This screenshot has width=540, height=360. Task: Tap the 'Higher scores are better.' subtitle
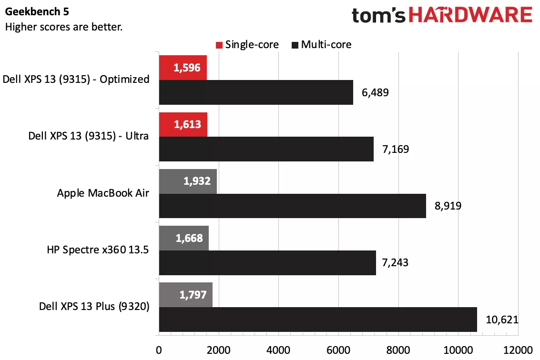[64, 27]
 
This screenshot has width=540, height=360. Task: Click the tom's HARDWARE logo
[442, 16]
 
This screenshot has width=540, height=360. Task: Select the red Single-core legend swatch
[219, 45]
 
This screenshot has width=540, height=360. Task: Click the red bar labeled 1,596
[183, 68]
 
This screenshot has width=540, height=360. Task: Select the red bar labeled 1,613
[183, 125]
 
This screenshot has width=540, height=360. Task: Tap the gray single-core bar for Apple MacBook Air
[188, 181]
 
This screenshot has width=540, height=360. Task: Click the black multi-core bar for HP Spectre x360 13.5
[267, 262]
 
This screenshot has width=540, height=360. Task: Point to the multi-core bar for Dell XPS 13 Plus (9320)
[317, 319]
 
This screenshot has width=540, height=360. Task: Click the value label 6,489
[376, 92]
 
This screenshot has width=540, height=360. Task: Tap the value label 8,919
[448, 206]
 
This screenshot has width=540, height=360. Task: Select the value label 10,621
[501, 320]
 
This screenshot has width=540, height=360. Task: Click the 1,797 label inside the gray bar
[193, 295]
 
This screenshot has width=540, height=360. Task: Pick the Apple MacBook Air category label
[103, 193]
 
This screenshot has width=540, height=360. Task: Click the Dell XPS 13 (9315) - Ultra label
[89, 136]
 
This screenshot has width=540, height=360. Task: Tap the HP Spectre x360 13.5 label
[98, 250]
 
